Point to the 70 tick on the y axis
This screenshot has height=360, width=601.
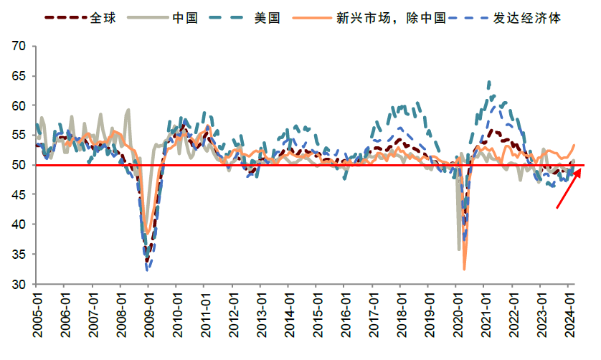click(x=19, y=47)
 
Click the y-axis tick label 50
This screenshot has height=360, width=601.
click(x=19, y=166)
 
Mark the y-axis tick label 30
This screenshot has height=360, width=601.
click(x=19, y=285)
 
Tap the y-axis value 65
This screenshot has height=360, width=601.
click(x=19, y=76)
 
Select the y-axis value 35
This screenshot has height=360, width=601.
click(x=19, y=255)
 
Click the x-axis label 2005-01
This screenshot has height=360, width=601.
click(x=37, y=310)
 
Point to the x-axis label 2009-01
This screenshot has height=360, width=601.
click(x=148, y=310)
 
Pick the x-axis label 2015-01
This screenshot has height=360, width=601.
click(x=316, y=310)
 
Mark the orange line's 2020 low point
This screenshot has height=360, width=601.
click(x=464, y=269)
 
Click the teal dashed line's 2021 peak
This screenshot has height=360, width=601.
click(x=489, y=82)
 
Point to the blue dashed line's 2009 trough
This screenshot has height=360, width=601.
click(x=148, y=270)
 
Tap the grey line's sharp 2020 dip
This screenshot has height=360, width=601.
click(x=459, y=249)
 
